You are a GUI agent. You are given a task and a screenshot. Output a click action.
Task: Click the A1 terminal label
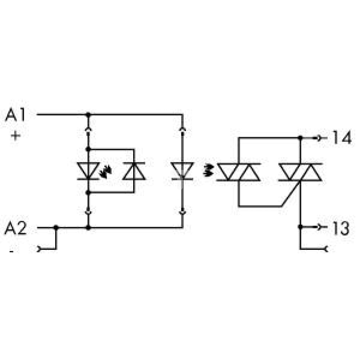coord(15,115)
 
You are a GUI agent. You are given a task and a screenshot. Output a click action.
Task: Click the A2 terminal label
coord(15,228)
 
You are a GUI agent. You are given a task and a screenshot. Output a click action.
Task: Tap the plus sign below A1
coord(15,136)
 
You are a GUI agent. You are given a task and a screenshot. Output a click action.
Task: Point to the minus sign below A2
coord(12,251)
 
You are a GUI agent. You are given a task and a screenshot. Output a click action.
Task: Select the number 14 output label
coord(342,137)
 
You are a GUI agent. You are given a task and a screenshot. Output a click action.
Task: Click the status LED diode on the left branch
coord(88,171)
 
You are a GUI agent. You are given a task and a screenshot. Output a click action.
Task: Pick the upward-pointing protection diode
coord(134,171)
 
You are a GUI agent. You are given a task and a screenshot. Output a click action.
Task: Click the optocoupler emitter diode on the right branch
coord(183,171)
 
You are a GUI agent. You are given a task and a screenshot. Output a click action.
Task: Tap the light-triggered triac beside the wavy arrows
coord(239,172)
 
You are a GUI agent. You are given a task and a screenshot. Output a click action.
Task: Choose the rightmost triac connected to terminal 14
coord(300,172)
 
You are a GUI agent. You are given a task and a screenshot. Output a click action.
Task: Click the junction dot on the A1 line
coord(88,114)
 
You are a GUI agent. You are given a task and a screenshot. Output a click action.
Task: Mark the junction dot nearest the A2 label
coord(56,228)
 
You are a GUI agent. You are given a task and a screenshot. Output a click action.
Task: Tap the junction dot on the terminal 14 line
coord(300,138)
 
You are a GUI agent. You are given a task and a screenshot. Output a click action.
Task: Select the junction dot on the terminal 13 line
coord(300,227)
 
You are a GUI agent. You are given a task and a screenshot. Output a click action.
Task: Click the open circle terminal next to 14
coord(319,138)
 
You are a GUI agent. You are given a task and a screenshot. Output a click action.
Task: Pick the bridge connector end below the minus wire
coord(39,249)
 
